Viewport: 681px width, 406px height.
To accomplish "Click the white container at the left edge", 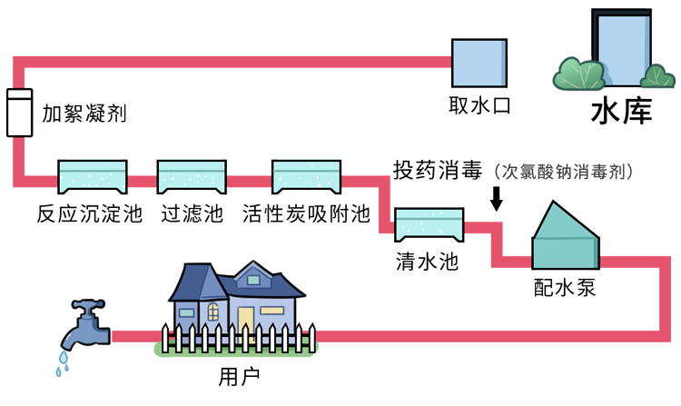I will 19,113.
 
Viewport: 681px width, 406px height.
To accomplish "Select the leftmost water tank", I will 92,176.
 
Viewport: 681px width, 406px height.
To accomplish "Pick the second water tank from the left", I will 191,176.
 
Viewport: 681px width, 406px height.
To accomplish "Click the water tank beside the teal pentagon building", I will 429,223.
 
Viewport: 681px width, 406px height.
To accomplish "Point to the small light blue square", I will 479,63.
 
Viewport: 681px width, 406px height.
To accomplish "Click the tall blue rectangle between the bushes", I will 624,50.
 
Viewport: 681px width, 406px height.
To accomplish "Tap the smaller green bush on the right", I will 657,77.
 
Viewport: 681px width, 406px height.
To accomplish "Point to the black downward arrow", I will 495,199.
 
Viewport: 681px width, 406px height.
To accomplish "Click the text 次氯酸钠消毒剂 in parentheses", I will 562,171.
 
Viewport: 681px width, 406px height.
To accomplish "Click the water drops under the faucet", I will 63,363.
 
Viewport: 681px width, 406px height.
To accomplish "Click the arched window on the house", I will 212,312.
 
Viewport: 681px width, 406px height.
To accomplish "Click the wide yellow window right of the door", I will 271,311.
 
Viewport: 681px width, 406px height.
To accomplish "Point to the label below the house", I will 238,374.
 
